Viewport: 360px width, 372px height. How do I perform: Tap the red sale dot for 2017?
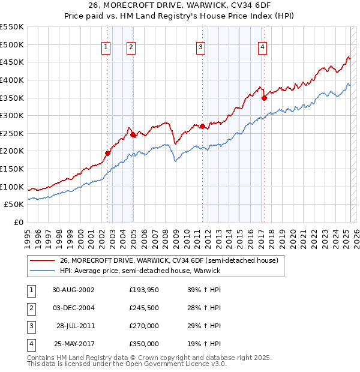click(x=264, y=98)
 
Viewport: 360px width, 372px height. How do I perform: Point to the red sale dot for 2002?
click(x=108, y=153)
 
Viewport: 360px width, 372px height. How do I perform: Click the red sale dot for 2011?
click(x=202, y=126)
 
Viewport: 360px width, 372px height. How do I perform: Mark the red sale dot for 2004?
click(x=133, y=135)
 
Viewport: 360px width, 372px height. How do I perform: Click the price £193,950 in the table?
click(x=144, y=290)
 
